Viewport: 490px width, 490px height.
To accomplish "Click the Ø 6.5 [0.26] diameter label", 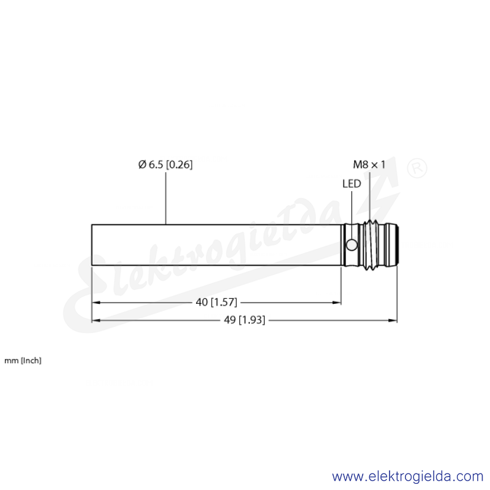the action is coord(165,164).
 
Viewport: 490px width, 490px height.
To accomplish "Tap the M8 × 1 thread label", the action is coord(369,164).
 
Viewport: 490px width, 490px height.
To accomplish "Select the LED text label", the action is coord(352,184).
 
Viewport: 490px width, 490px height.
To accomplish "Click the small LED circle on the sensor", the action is coord(352,245).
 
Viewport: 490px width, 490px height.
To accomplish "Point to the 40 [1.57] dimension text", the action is coord(216,302).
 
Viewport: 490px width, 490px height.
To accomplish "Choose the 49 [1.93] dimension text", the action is coord(244,320).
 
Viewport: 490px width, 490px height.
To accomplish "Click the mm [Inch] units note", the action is coord(23,361).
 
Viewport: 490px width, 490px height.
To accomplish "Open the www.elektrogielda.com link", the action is coord(407,477).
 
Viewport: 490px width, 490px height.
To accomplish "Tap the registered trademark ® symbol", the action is coord(417,168).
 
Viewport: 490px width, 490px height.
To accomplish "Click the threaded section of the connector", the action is coord(371,245).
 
